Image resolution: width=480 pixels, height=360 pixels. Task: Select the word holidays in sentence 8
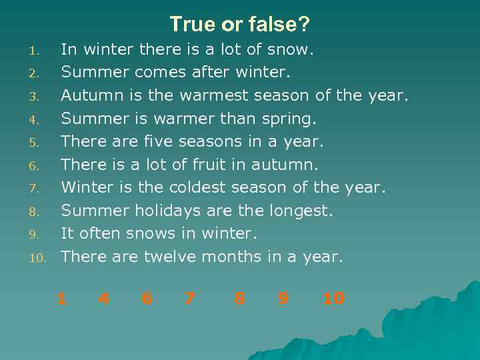click(x=165, y=211)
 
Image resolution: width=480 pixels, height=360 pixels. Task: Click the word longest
click(x=300, y=211)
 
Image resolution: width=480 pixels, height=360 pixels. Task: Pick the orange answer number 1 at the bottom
click(x=61, y=299)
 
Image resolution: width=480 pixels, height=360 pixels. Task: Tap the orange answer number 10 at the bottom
click(x=333, y=299)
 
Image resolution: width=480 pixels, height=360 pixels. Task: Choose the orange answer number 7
click(x=190, y=299)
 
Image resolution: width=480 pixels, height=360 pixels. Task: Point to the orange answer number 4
click(x=103, y=299)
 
